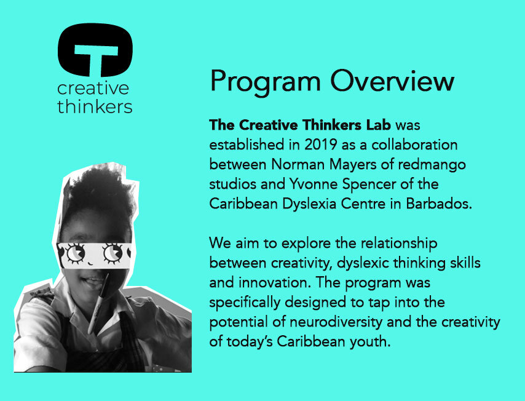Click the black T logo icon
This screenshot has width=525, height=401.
click(95, 50)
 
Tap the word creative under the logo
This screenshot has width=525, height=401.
click(93, 89)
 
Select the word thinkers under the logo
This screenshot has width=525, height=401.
click(95, 106)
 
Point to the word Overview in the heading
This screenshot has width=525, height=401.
click(392, 81)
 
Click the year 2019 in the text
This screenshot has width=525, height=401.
click(320, 145)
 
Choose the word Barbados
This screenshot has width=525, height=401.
click(439, 204)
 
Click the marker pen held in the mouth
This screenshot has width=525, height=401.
click(98, 304)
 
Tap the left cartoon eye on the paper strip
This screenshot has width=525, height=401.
click(75, 253)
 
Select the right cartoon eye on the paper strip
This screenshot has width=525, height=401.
click(113, 253)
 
